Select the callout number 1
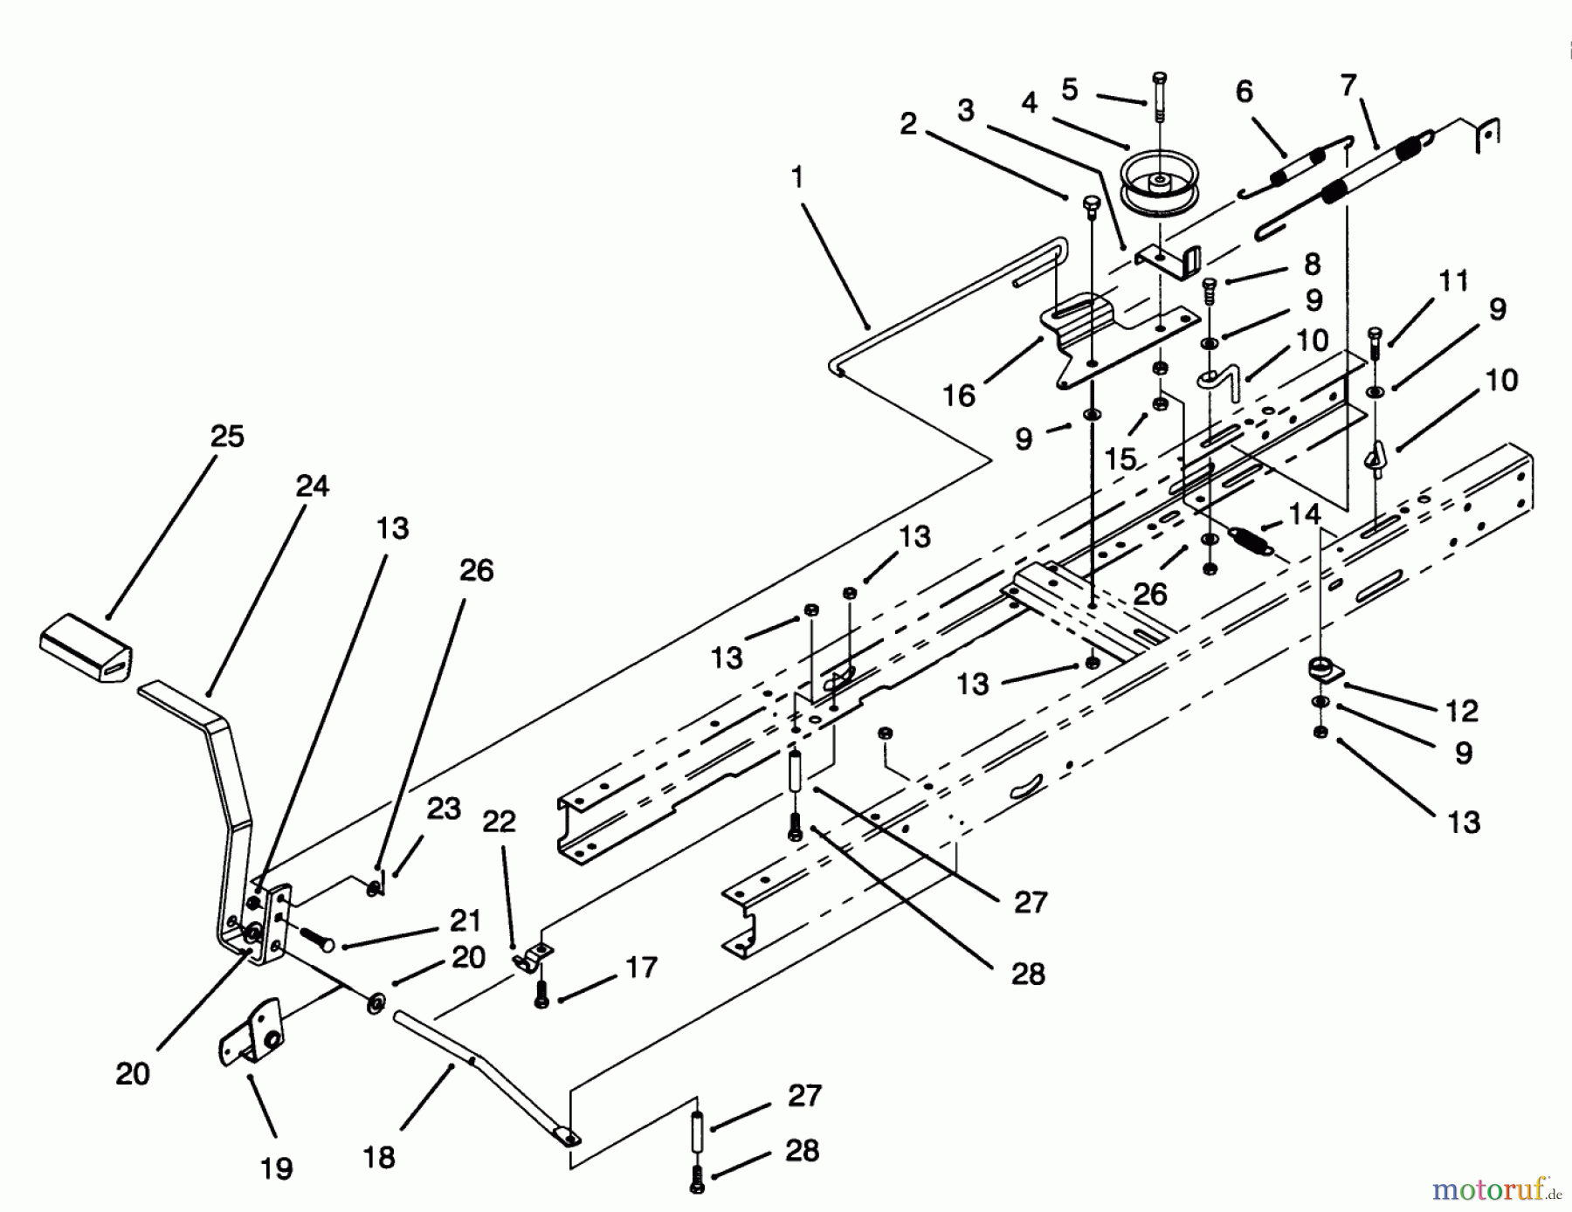pyautogui.click(x=796, y=178)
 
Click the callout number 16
pyautogui.click(x=958, y=396)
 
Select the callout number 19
pyautogui.click(x=277, y=1168)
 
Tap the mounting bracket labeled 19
pyautogui.click(x=252, y=1033)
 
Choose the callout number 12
pyautogui.click(x=1461, y=710)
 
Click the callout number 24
pyautogui.click(x=312, y=485)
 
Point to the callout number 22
pyautogui.click(x=500, y=821)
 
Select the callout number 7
pyautogui.click(x=1348, y=86)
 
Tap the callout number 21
pyautogui.click(x=465, y=919)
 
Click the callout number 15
pyautogui.click(x=1120, y=458)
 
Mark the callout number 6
pyautogui.click(x=1244, y=91)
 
